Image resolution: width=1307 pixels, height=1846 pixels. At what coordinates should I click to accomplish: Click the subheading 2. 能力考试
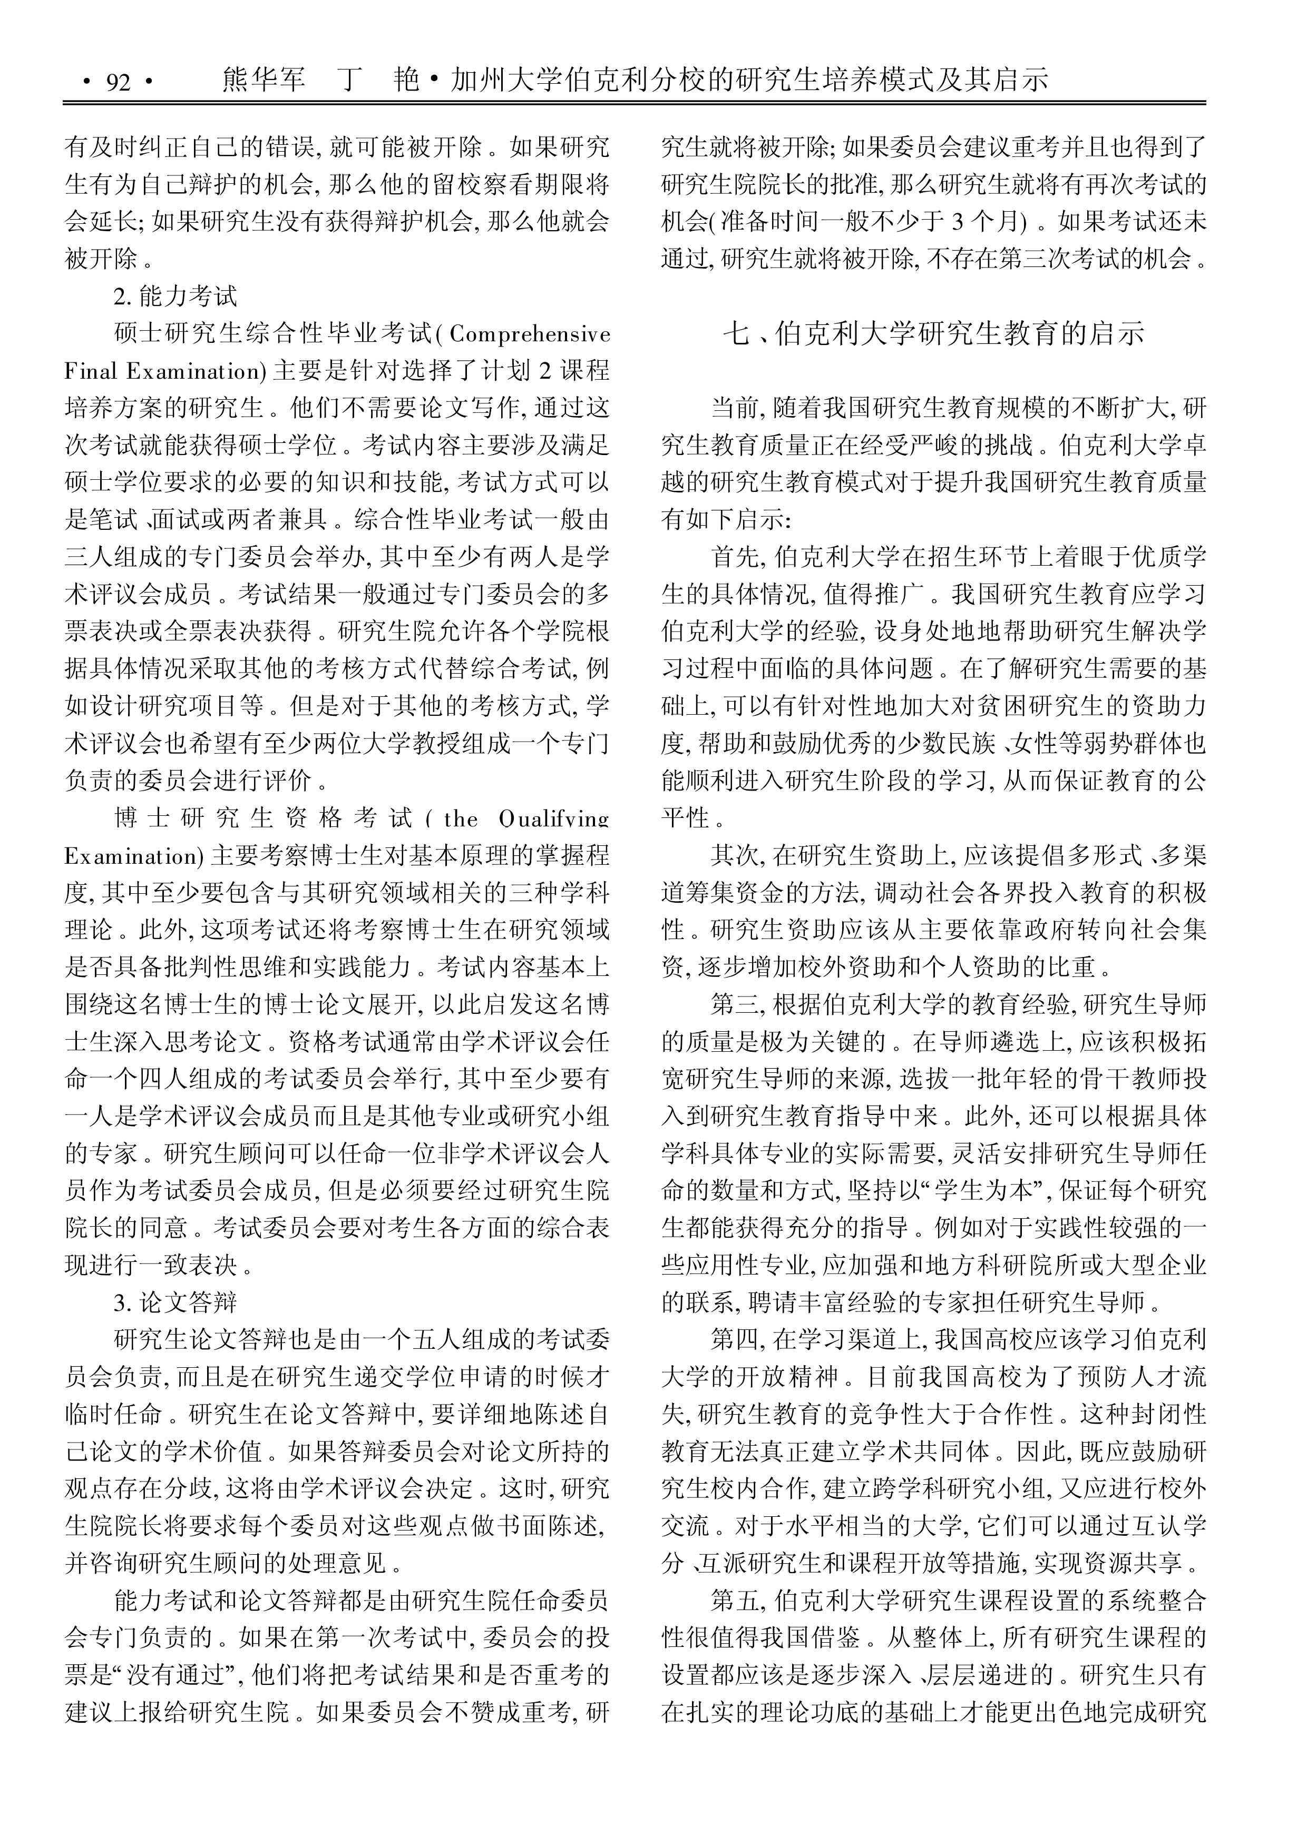pos(175,297)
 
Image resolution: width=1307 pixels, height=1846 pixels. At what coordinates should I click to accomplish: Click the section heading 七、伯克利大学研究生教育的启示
pos(933,333)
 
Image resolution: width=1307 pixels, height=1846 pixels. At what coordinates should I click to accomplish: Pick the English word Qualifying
pos(553,819)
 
